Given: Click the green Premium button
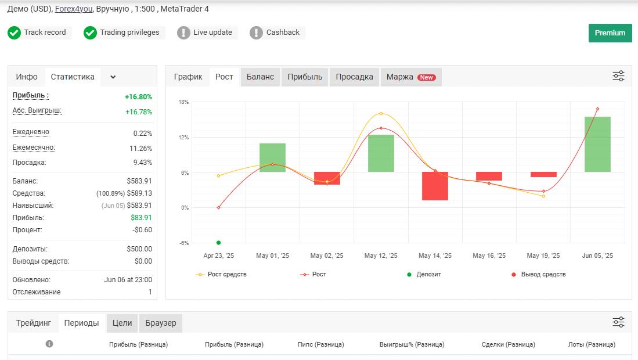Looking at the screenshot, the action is tap(610, 33).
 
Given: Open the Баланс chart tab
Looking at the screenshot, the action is tap(261, 77).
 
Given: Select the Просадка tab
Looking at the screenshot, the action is tap(354, 77).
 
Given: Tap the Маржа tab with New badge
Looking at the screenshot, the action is tap(411, 77).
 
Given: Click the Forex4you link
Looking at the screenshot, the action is tap(74, 9).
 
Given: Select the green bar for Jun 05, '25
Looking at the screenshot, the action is tap(597, 144).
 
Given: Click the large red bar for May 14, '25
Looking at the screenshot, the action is tap(435, 186).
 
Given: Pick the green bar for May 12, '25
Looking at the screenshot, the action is tap(381, 153).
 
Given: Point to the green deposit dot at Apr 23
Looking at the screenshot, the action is tap(218, 243).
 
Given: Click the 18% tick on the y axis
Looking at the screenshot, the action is tap(183, 102).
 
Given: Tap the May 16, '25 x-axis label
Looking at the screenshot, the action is tap(489, 255).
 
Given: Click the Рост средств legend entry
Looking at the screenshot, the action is tap(221, 275).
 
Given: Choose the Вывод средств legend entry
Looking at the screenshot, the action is tap(538, 275).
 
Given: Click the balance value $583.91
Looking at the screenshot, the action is tap(139, 181).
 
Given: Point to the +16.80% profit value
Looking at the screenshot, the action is tap(138, 97).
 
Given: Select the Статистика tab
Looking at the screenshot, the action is tap(73, 77).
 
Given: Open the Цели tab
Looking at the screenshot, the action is tap(122, 323).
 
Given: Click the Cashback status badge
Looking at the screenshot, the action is tap(277, 33).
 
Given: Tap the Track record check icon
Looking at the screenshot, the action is tap(15, 33).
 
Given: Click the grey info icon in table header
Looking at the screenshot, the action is tap(49, 344).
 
